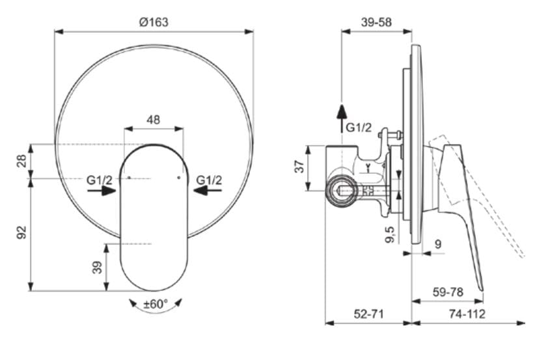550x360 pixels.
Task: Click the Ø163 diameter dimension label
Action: [x=154, y=21]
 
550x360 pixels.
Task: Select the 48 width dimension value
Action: [x=154, y=120]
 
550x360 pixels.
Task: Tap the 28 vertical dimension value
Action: [x=21, y=161]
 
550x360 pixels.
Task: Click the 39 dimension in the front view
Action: [x=98, y=267]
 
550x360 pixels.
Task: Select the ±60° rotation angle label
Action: [x=156, y=303]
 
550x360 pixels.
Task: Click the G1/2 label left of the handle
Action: [x=100, y=180]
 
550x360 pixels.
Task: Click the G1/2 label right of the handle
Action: [x=209, y=180]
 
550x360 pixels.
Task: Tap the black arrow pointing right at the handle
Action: [x=102, y=191]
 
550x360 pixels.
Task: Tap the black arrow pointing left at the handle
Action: [x=207, y=191]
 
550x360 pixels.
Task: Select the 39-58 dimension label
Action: [x=376, y=21]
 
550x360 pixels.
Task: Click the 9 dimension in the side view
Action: [x=437, y=245]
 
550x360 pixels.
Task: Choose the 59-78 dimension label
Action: [x=447, y=292]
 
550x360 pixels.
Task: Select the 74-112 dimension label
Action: [x=467, y=313]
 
